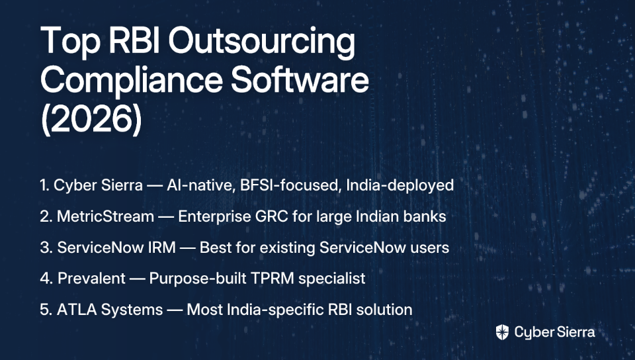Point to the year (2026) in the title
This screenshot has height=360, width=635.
(91, 119)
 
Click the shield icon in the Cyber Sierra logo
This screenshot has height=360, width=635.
(502, 332)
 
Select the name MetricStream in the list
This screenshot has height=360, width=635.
(105, 216)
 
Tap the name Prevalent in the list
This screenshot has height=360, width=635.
(91, 278)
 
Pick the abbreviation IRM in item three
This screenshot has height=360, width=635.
(162, 247)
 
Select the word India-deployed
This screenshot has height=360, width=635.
(400, 185)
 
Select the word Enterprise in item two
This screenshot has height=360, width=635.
(214, 216)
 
